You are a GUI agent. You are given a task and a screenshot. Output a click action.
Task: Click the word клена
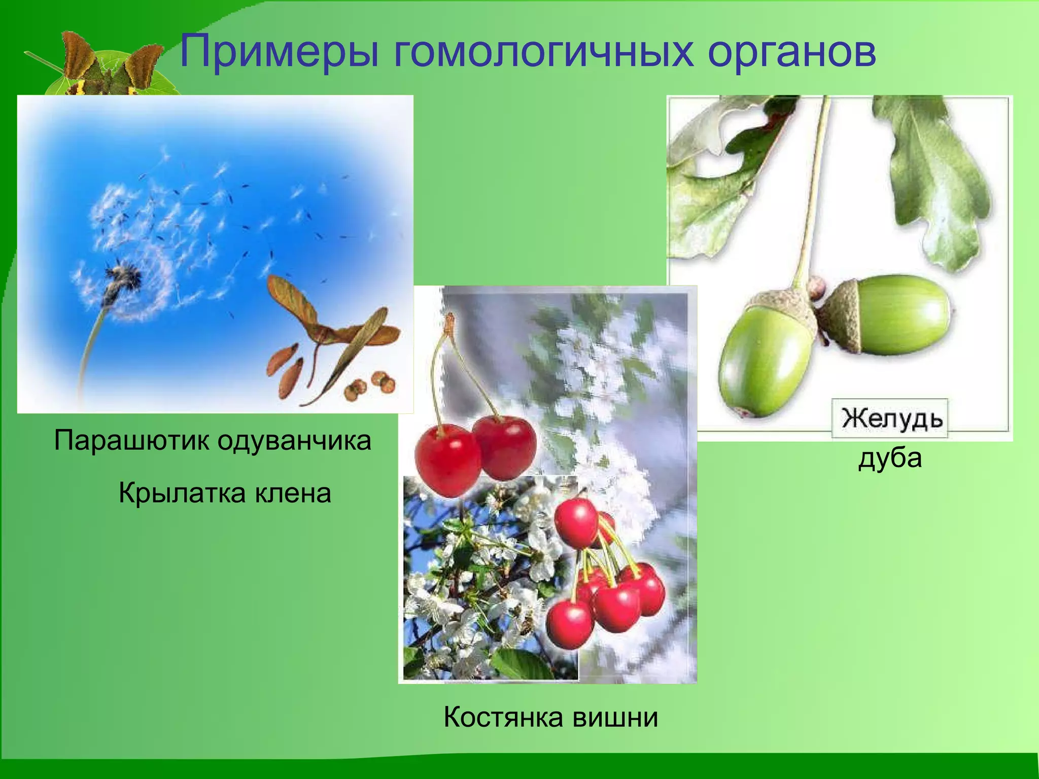pos(293,493)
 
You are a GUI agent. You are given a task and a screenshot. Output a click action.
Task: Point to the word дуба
pos(890,458)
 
